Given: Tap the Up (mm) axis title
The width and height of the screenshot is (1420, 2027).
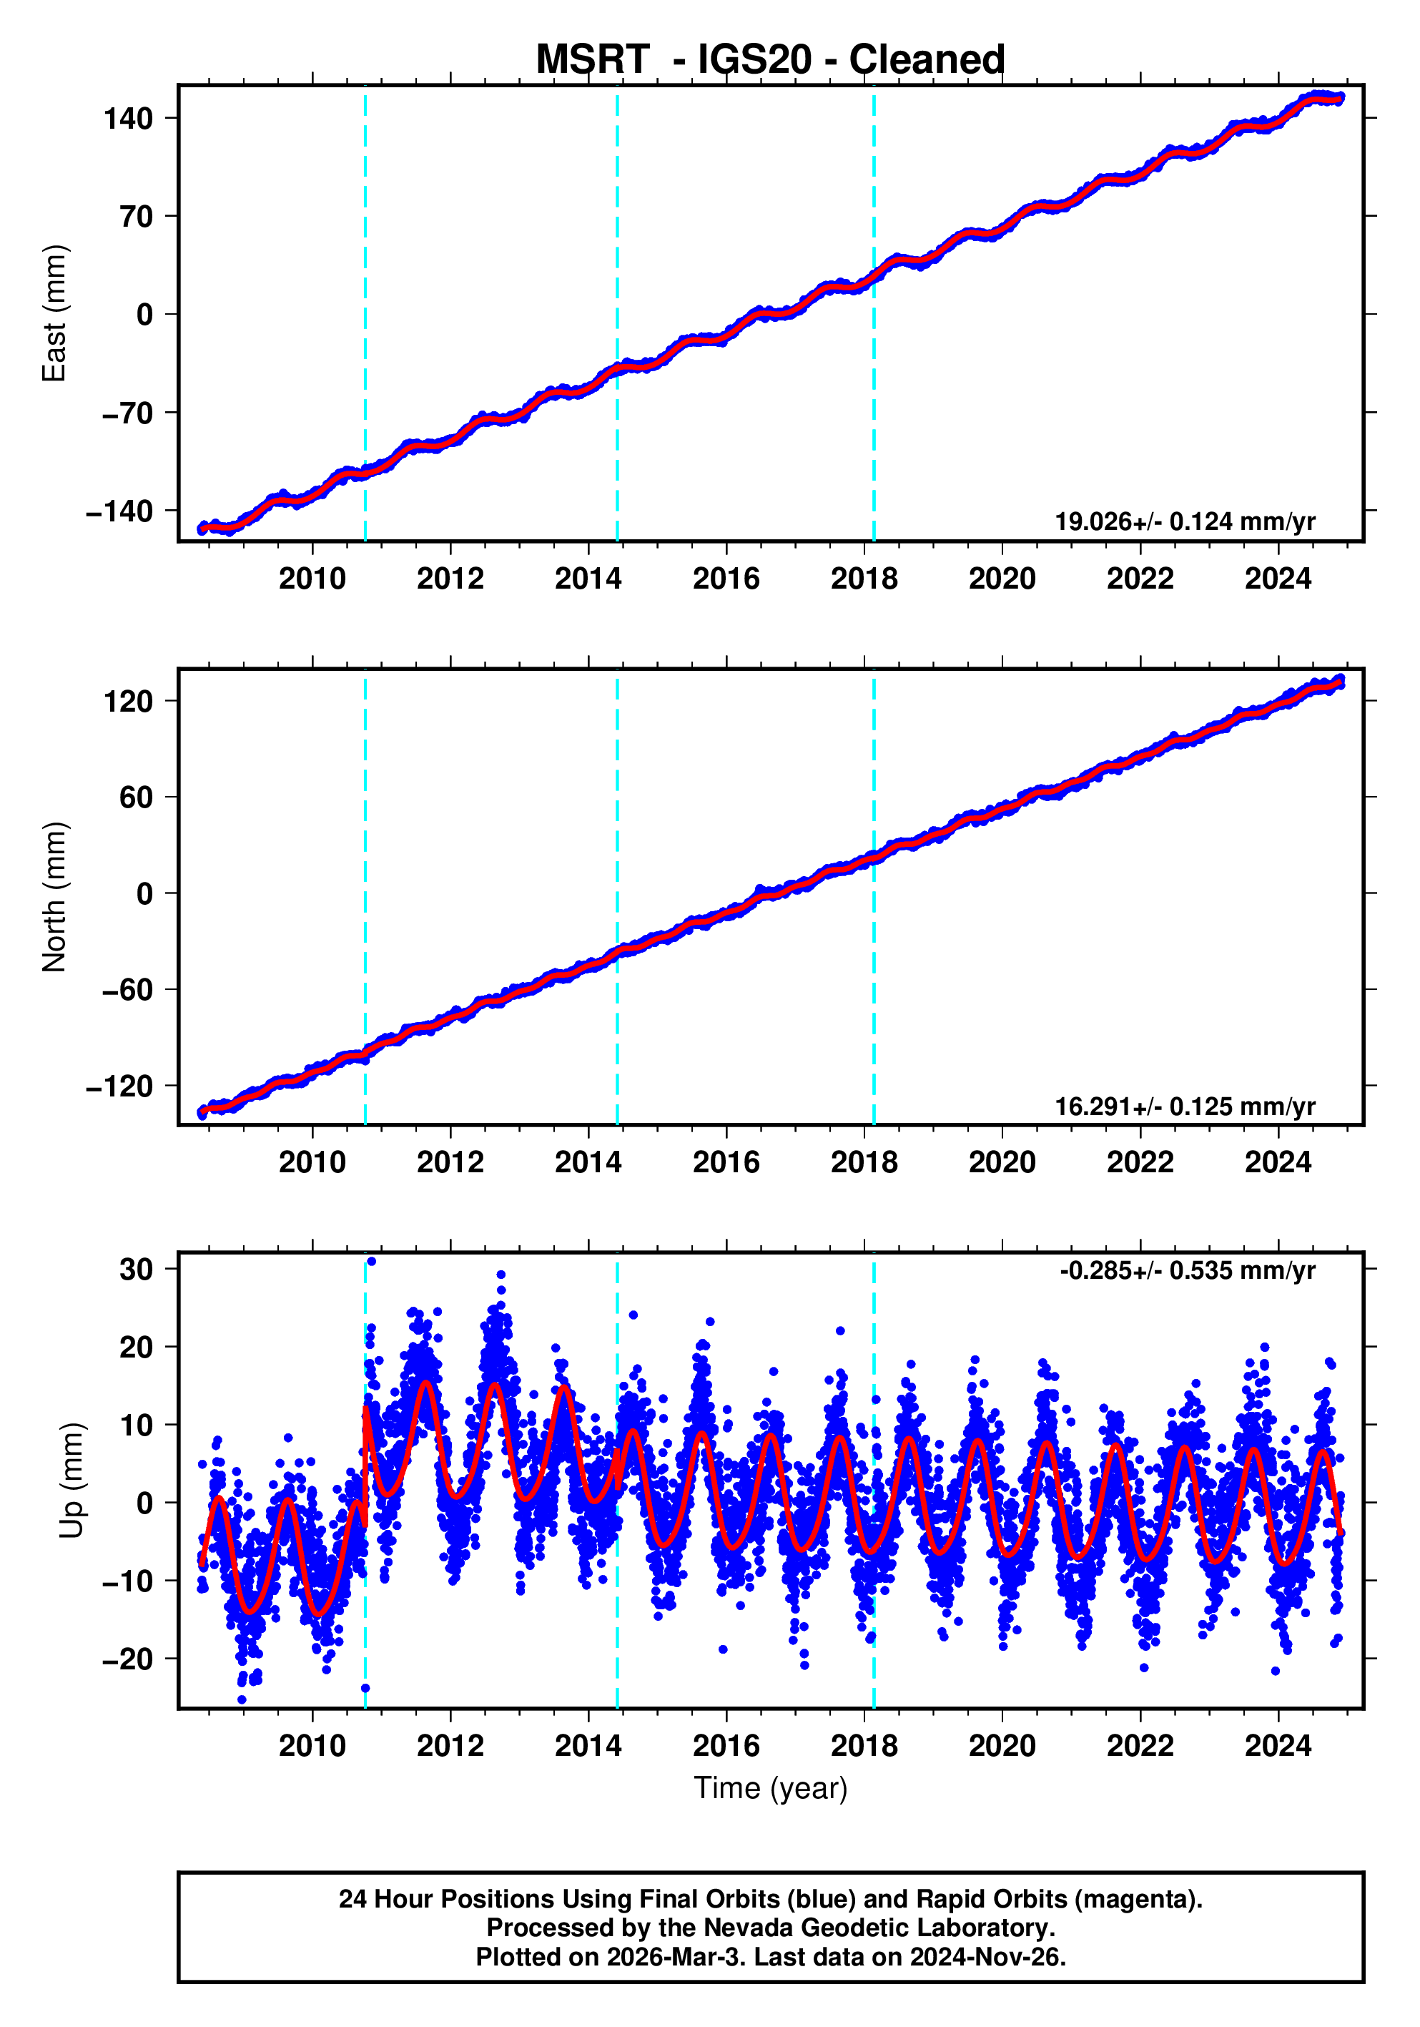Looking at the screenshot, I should coord(72,1481).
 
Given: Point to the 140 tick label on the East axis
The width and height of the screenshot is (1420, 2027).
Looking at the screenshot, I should coord(128,118).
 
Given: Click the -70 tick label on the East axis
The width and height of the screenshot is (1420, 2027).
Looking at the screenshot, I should coord(127,412).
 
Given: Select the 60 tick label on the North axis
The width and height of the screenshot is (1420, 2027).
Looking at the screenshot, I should coord(136,797).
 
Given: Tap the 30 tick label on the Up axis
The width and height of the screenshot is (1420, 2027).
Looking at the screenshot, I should coord(136,1270).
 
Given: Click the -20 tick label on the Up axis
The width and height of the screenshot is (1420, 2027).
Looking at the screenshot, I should coord(127,1659).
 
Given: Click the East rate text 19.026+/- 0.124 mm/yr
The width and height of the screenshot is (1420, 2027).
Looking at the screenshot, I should coord(1184,521).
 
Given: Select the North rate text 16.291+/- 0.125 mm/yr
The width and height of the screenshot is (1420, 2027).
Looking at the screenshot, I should coord(1184,1106).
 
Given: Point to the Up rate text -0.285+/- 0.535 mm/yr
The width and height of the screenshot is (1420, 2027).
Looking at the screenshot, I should coord(1187,1270).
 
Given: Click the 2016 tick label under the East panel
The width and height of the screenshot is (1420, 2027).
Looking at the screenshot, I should coord(726,579).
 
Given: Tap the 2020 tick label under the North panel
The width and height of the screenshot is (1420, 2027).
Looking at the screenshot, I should coord(1002,1163).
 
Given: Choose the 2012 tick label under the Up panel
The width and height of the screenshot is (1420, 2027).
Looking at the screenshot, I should coord(450,1745).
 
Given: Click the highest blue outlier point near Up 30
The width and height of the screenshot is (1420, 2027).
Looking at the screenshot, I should coord(370,1262).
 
